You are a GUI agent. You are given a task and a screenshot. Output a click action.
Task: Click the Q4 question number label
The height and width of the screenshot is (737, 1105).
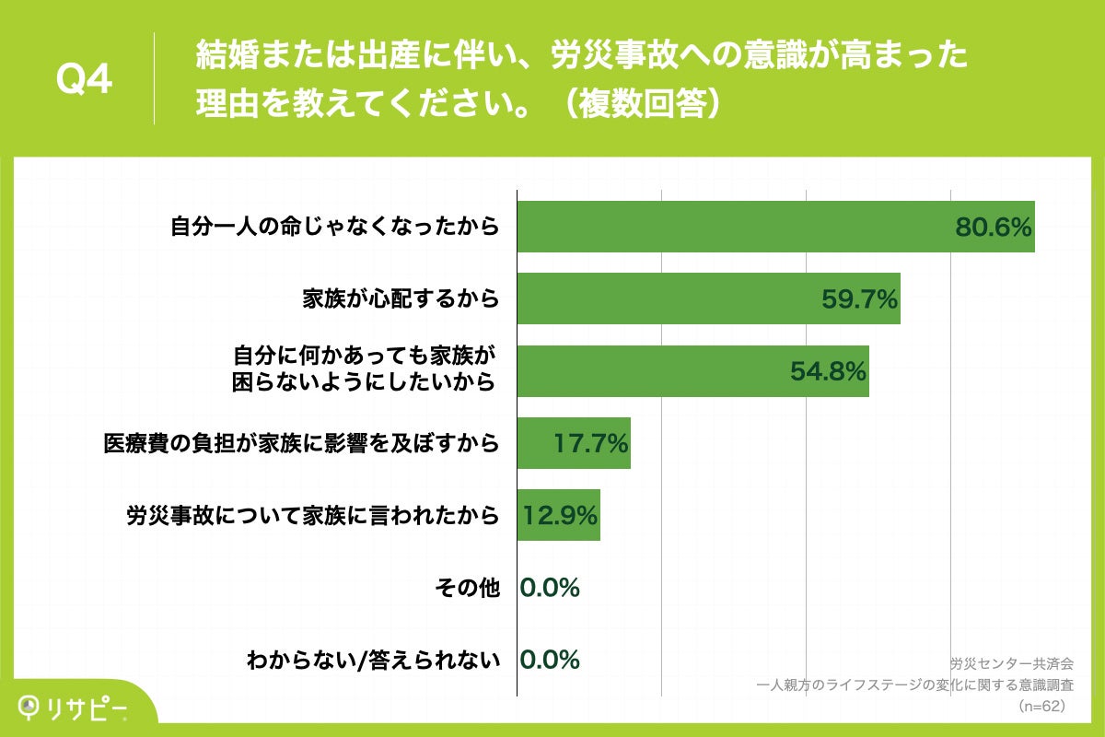pos(84,80)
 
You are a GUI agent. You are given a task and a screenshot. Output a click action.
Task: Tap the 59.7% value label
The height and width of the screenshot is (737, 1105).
pos(858,299)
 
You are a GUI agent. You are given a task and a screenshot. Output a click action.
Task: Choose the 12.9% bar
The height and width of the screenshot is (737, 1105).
pos(558,515)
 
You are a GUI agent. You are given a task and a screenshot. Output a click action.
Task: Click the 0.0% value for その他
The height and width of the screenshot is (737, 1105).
pos(550,588)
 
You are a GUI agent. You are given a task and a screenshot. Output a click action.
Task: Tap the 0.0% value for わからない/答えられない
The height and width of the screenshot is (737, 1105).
pos(550,660)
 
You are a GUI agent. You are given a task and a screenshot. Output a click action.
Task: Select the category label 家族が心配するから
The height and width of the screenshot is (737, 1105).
pos(401,298)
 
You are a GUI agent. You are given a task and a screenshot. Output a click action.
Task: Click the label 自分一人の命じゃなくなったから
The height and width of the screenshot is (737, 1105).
pos(335,227)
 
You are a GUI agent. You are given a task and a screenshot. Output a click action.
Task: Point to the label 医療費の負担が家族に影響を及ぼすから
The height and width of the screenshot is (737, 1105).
pos(301,443)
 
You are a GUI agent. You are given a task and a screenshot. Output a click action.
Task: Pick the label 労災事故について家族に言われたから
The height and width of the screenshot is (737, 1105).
pos(313,515)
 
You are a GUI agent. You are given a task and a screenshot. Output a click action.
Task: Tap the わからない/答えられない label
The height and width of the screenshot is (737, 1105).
pos(374,660)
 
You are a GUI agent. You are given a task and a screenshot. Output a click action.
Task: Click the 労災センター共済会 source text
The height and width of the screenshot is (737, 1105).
pos(1011,663)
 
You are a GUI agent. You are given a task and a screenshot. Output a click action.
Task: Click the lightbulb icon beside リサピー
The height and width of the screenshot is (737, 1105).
pos(29,706)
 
